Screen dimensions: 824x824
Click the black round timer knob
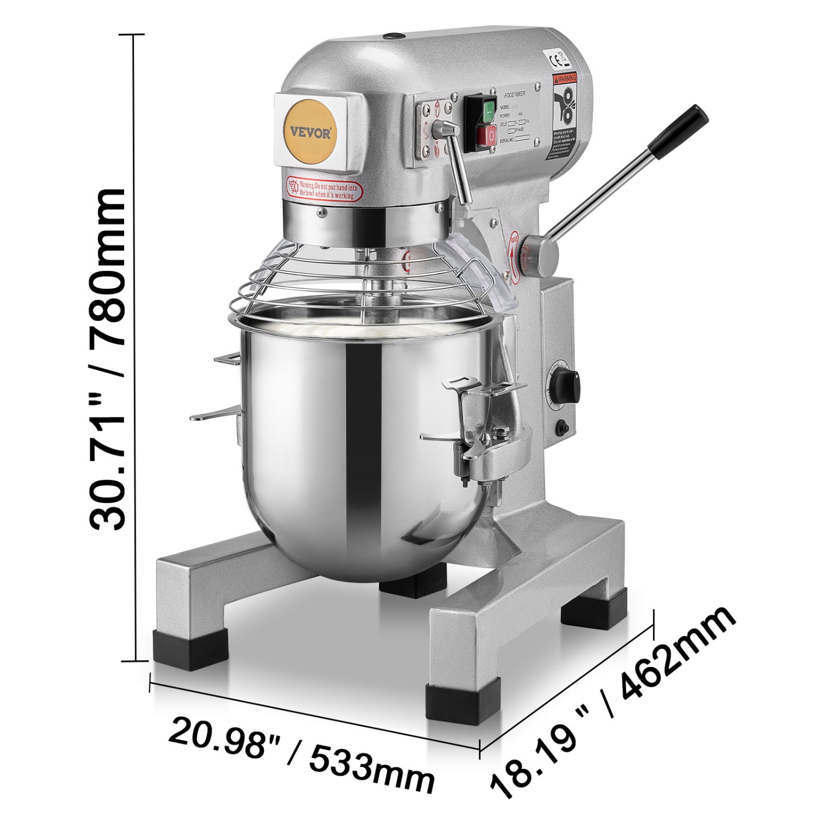click(566, 385)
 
